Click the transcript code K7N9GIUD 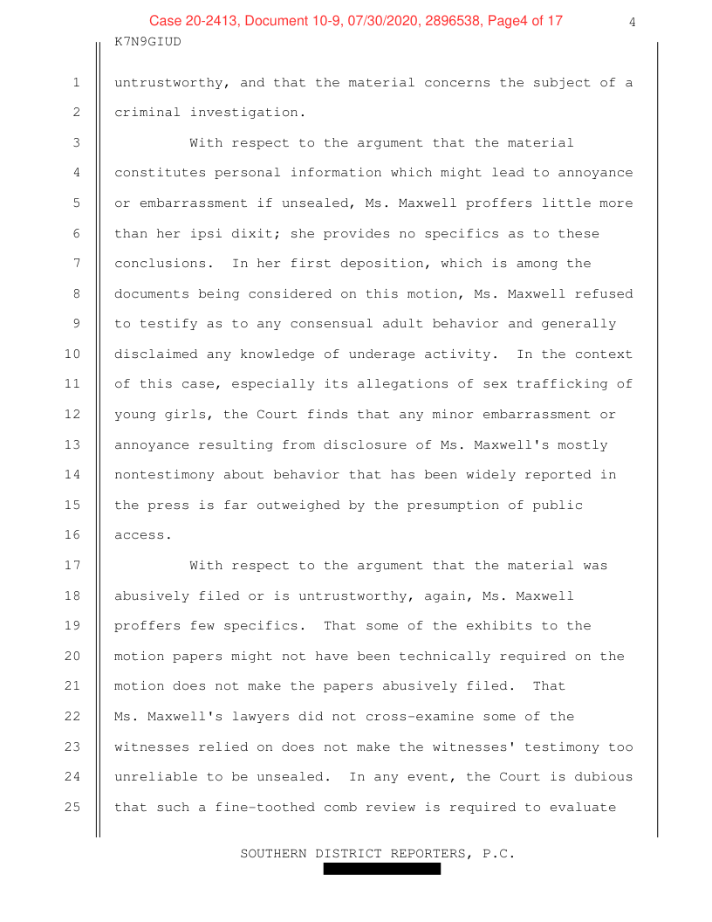(x=147, y=41)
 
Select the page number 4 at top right (x=632, y=23)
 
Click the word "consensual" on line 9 (x=304, y=324)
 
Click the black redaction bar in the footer (x=381, y=869)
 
